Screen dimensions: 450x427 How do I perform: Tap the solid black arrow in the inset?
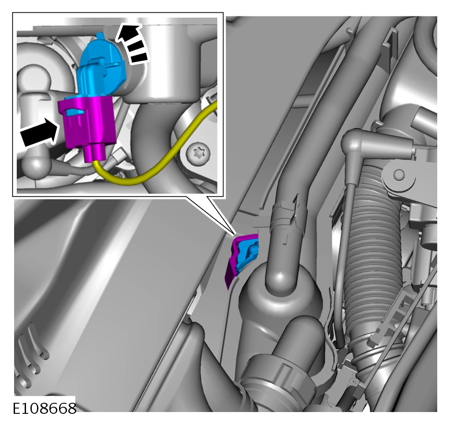tap(40, 133)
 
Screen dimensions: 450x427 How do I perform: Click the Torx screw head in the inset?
tap(198, 153)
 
